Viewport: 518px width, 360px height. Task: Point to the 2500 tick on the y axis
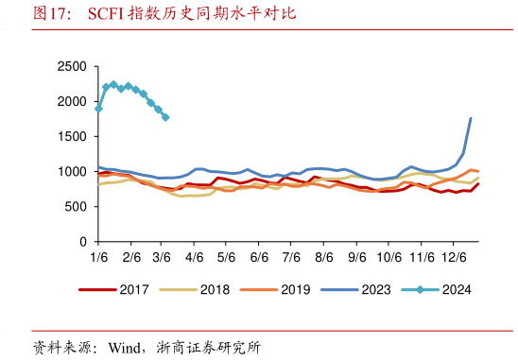(72, 66)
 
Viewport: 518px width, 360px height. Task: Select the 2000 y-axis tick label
(72, 101)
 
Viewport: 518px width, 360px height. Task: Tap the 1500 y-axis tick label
(72, 136)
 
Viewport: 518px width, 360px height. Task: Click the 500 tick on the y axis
(76, 207)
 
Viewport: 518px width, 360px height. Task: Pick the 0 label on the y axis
(83, 242)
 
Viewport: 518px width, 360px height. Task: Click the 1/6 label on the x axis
(98, 258)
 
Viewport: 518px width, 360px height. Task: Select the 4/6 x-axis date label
(195, 258)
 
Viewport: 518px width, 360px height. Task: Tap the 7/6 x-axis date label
(291, 258)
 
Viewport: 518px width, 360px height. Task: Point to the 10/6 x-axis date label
(388, 258)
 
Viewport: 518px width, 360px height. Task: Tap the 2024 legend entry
(444, 290)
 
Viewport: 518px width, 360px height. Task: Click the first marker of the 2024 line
(99, 109)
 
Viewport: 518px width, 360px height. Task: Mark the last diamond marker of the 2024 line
(166, 117)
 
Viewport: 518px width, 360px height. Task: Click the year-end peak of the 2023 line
(471, 118)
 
